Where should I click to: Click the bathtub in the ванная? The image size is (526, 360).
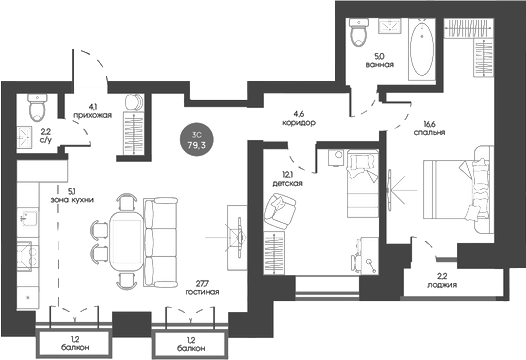tap(422, 49)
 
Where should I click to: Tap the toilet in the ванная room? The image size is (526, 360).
tap(358, 32)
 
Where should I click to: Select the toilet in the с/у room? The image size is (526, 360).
tap(37, 107)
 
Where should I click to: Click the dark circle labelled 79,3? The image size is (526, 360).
tap(197, 141)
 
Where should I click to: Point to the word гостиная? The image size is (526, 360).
tap(202, 292)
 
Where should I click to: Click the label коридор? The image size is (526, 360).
tap(299, 122)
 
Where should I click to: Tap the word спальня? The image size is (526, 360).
tap(429, 132)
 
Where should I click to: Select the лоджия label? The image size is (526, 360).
tap(442, 285)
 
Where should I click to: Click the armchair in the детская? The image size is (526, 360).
tap(280, 211)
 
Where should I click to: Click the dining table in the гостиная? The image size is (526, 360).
tap(126, 241)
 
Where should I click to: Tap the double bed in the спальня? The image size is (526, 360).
tap(458, 189)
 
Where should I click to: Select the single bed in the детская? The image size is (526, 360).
tap(363, 183)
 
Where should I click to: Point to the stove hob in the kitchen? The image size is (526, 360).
tap(28, 256)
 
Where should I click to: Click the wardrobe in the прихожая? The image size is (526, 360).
tap(134, 134)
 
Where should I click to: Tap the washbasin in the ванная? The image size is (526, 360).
tap(390, 26)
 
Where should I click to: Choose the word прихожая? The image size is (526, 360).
tap(92, 115)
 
